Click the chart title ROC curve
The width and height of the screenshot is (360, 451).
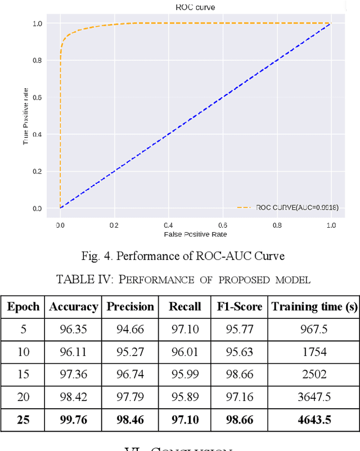(195, 7)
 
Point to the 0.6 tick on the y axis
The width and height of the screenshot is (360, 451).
(37, 97)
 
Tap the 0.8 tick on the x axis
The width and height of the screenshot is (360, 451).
(277, 224)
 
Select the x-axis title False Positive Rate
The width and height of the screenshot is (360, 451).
(195, 234)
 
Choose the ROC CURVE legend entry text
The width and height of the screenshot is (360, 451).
(297, 208)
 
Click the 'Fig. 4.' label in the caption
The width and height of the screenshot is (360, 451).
(96, 256)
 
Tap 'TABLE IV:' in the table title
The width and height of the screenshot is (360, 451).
(80, 279)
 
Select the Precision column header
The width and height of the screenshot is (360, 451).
(130, 306)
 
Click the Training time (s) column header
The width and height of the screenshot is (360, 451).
(314, 306)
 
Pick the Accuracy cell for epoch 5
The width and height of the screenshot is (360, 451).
(73, 330)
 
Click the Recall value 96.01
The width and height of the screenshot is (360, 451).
(184, 352)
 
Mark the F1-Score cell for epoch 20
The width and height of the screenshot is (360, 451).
(240, 397)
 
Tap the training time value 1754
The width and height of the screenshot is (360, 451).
(314, 352)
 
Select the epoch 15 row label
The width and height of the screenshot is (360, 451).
(24, 375)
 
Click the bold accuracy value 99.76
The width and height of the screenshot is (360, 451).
(73, 420)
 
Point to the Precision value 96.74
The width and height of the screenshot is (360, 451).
(130, 375)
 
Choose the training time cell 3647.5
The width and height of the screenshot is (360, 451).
(314, 397)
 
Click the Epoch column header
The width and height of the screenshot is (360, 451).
(24, 306)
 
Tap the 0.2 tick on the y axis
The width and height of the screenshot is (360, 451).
(37, 171)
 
